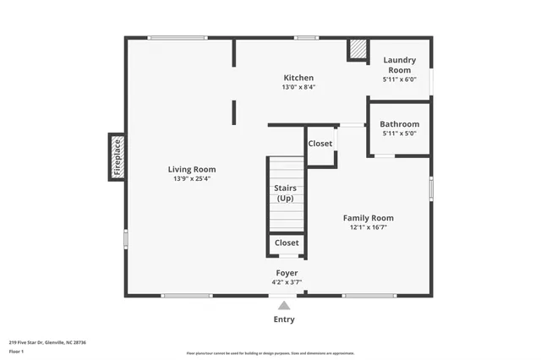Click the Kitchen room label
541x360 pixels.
click(x=298, y=78)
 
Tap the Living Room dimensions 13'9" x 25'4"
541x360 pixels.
click(x=191, y=178)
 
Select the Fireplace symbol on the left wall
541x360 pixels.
click(x=117, y=157)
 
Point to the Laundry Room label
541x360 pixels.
click(x=400, y=64)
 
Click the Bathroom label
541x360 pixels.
click(x=399, y=124)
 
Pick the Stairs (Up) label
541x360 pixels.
click(x=286, y=193)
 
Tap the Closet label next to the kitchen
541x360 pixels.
click(x=320, y=144)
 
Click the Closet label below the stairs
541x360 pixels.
click(x=286, y=243)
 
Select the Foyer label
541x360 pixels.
click(x=286, y=273)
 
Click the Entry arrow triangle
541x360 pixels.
click(x=284, y=305)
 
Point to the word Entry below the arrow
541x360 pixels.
click(x=284, y=319)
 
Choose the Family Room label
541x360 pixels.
click(x=368, y=218)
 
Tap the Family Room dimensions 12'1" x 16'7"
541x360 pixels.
click(x=368, y=227)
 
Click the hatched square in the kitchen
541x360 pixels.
click(x=358, y=51)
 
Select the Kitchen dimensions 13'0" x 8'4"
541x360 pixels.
click(x=298, y=87)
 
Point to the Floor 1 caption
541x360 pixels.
click(x=16, y=351)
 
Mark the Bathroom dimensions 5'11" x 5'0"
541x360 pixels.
click(x=399, y=134)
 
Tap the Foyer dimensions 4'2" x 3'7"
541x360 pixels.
click(x=286, y=282)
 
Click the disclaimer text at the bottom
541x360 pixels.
click(x=270, y=353)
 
